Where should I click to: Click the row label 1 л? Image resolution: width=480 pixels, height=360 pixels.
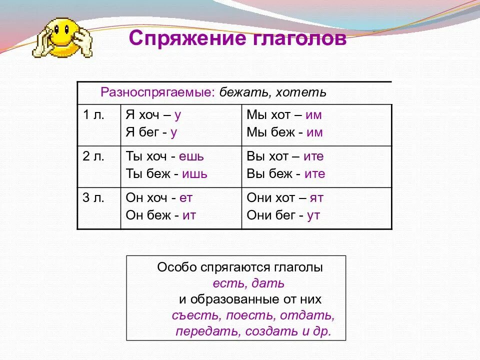tap(93, 114)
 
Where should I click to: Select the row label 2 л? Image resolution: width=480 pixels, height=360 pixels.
tap(93, 156)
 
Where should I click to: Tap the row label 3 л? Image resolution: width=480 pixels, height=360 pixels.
tap(93, 197)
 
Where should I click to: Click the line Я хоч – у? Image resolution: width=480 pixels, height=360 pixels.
tap(153, 114)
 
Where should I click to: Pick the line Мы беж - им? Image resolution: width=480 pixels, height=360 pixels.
tap(284, 132)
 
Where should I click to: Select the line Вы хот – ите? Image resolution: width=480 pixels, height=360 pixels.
tap(285, 156)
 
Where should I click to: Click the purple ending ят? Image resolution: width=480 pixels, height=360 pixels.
tap(316, 197)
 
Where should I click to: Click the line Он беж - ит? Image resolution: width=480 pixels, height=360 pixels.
tap(160, 215)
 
